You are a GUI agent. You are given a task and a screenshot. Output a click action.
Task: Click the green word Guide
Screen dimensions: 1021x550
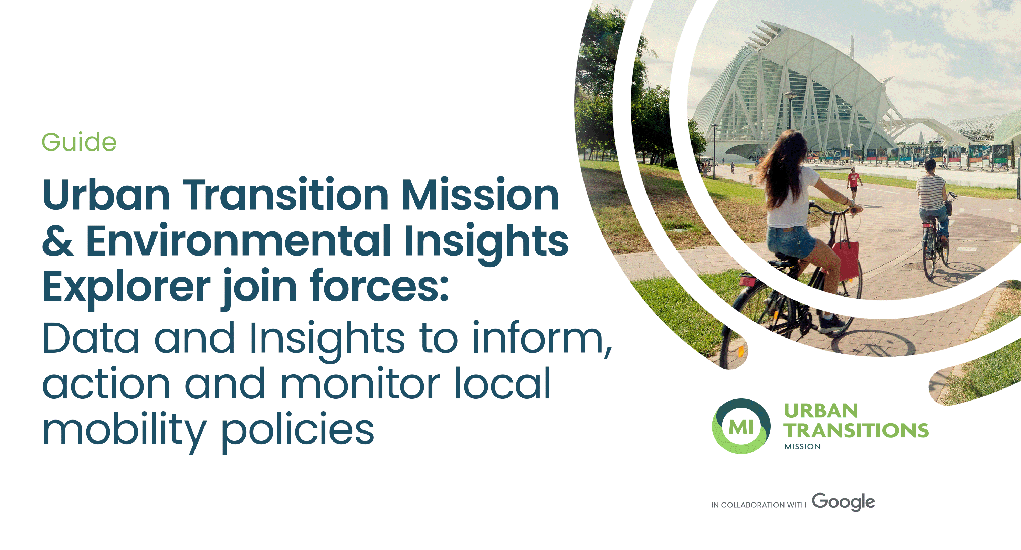click(79, 142)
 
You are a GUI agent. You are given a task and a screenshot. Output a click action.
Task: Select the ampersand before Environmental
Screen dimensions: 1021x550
click(58, 240)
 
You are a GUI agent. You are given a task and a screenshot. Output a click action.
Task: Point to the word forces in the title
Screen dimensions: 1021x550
click(379, 285)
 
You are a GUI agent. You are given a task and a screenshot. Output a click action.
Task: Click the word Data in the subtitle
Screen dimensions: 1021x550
click(91, 338)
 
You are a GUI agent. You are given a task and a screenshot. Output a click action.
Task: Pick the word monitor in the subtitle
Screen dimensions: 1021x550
click(360, 383)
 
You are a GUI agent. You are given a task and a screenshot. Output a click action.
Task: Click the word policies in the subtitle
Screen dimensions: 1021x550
click(297, 430)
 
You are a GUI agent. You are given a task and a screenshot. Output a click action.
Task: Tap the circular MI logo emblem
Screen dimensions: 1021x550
click(741, 426)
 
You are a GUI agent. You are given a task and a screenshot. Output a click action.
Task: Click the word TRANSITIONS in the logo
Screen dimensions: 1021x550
click(856, 430)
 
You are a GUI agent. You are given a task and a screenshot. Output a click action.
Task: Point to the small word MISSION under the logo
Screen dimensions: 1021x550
click(802, 446)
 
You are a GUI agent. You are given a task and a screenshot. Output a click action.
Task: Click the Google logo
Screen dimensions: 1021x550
click(843, 502)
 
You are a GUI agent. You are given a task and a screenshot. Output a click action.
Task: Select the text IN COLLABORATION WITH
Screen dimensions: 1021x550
click(759, 505)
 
